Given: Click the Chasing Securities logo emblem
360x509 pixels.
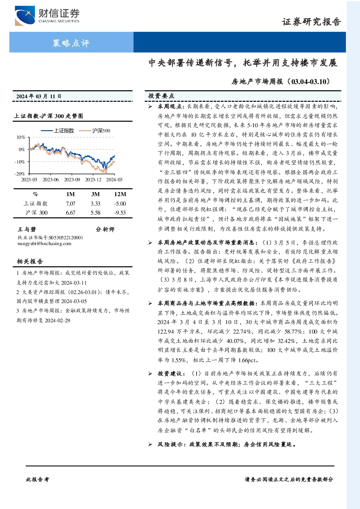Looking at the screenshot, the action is pos(25,16).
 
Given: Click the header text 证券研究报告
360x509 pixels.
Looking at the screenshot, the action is pos(311,22).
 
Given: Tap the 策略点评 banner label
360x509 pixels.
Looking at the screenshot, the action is pos(71,43).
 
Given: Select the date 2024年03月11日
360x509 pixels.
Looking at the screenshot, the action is pos(39,96).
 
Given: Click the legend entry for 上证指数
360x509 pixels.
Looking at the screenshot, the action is pos(57,131).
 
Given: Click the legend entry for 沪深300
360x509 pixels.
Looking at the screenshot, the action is pos(95,131).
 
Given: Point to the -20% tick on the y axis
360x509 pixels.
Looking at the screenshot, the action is pos(20,174).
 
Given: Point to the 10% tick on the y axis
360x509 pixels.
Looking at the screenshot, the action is pos(21,137).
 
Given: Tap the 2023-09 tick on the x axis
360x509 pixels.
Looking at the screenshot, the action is pos(72,180).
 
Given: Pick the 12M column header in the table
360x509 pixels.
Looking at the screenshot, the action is pos(120,194).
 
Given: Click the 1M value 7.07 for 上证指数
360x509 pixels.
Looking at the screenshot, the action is pos(70,204).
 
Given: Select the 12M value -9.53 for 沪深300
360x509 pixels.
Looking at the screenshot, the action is pos(120,213).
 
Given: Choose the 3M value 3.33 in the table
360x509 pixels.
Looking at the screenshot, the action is pos(95,204).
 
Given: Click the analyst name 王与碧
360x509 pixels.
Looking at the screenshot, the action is pos(27,229).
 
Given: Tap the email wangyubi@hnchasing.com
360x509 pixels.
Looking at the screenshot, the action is pos(44,244).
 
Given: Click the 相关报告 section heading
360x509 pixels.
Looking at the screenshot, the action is pos(30,261).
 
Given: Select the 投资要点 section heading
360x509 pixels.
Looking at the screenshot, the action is pos(161,96).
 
